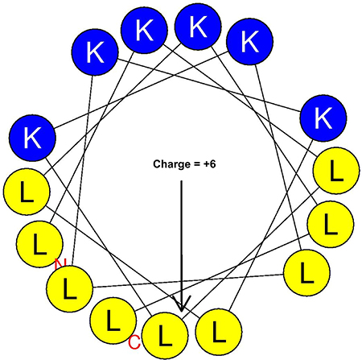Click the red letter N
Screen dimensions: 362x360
click(x=60, y=263)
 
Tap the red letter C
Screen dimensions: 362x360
click(x=134, y=342)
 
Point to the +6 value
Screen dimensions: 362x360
click(x=209, y=163)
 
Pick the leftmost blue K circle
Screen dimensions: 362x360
click(x=32, y=138)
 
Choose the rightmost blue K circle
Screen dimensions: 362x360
click(x=323, y=118)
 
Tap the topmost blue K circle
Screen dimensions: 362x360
click(x=198, y=27)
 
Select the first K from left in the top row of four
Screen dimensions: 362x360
click(x=95, y=52)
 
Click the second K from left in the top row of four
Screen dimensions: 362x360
click(x=144, y=30)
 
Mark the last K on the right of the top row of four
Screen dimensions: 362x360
click(x=249, y=41)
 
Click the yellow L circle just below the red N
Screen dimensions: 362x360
click(x=70, y=288)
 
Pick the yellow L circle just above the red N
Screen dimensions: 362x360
click(x=39, y=244)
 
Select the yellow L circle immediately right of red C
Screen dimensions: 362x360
click(x=165, y=336)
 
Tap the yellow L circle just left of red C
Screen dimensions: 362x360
click(x=113, y=321)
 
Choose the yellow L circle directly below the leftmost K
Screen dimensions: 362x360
click(x=27, y=192)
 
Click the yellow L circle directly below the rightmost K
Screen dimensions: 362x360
click(x=336, y=170)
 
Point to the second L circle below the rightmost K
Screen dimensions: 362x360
click(x=331, y=224)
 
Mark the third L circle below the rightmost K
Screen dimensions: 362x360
click(x=306, y=272)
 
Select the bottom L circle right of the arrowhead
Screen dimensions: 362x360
click(x=219, y=333)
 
